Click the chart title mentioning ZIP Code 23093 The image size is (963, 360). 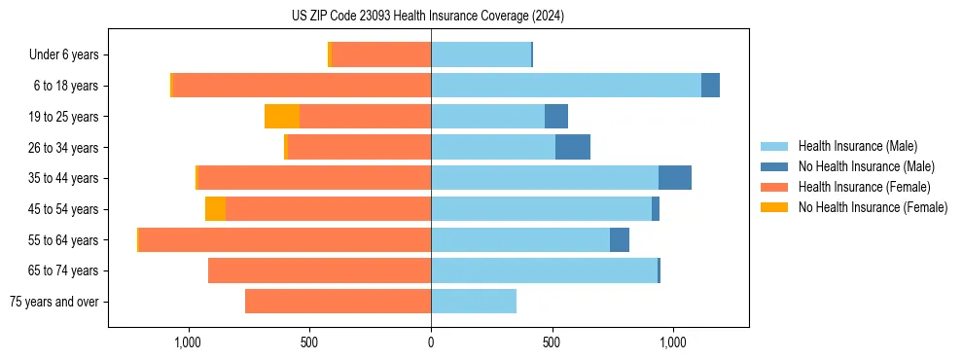[428, 17]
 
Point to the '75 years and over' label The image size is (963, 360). [54, 302]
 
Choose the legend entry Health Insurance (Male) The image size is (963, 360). [857, 146]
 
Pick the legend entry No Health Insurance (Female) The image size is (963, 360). [873, 207]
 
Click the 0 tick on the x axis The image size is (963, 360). [431, 342]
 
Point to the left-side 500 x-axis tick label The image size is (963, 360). [309, 342]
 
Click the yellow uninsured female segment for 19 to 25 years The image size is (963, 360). [282, 117]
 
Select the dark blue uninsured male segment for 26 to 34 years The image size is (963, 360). [573, 147]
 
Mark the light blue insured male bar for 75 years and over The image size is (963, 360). [474, 302]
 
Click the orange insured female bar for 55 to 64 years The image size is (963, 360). [285, 239]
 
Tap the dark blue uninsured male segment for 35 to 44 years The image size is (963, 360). [675, 178]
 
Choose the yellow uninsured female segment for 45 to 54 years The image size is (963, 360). [215, 209]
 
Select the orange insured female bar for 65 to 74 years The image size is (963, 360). [319, 270]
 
